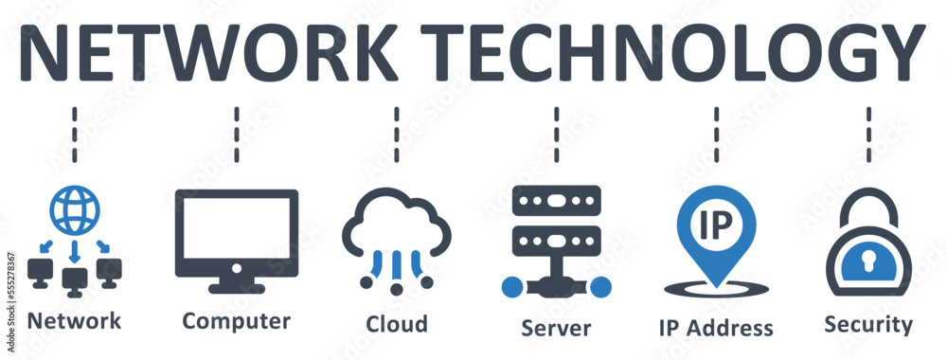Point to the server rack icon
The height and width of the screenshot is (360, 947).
coord(557,227)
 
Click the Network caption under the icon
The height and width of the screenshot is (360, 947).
coord(75,320)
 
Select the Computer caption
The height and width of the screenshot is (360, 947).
coord(236,320)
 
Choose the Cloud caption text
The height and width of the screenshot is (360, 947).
coord(397,323)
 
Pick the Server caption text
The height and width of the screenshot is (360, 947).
coord(556,328)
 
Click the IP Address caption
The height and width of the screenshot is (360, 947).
coord(716,328)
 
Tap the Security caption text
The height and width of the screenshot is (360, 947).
coord(868,325)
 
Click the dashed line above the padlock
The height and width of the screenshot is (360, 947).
coord(868,133)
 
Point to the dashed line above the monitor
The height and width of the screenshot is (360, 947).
coord(237,133)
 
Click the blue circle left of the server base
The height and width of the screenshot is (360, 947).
coord(512,286)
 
